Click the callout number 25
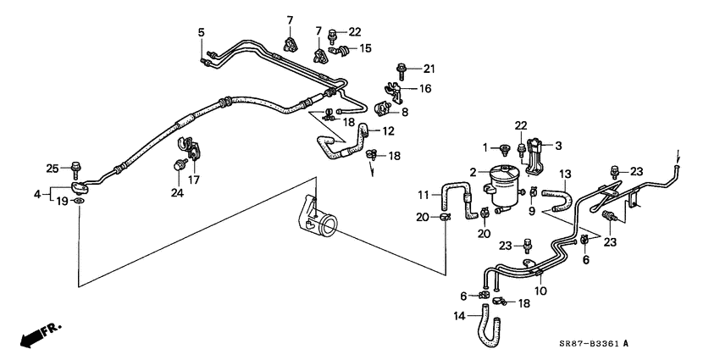(x=53, y=169)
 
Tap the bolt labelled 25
(x=75, y=170)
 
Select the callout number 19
(x=62, y=201)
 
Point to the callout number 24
(x=177, y=193)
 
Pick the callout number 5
(x=201, y=32)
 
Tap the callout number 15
(x=365, y=48)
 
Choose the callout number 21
(x=429, y=69)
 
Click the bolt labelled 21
(x=402, y=71)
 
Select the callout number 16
(x=425, y=89)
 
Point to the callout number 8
(x=405, y=112)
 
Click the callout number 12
(x=388, y=131)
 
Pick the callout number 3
(x=558, y=146)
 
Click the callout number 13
(x=565, y=174)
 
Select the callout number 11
(x=424, y=195)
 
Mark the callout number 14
(x=460, y=316)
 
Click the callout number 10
(x=541, y=291)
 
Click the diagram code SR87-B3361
(x=590, y=343)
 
